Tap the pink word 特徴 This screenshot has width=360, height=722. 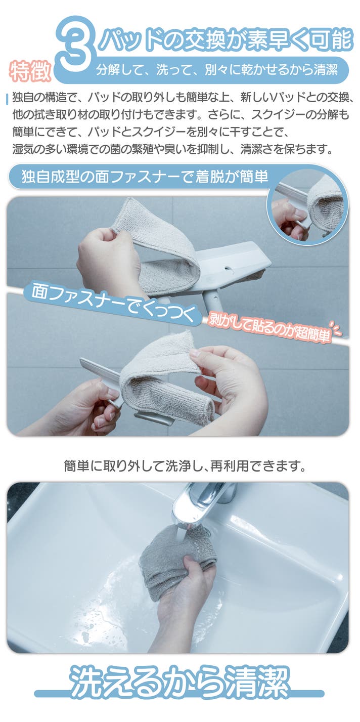pyautogui.click(x=30, y=71)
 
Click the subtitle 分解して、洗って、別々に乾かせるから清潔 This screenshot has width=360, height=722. pyautogui.click(x=217, y=70)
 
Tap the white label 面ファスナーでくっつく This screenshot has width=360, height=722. pyautogui.click(x=113, y=303)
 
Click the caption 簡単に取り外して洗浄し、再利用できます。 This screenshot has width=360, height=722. pyautogui.click(x=185, y=466)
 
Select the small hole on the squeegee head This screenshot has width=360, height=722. pyautogui.click(x=229, y=268)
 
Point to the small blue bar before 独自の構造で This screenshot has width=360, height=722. pyautogui.click(x=7, y=99)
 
